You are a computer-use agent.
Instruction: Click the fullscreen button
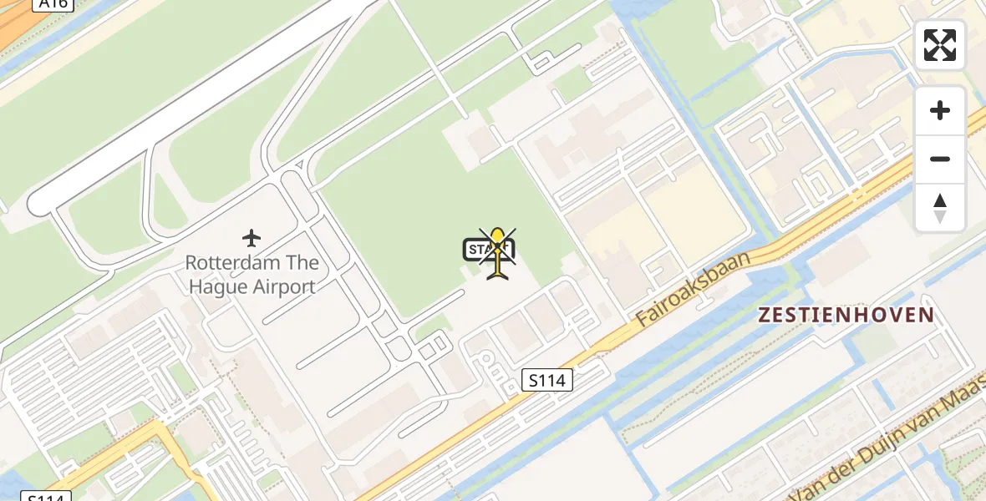(940, 45)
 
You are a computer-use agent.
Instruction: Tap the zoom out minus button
(940, 159)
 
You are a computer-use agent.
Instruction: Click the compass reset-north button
(940, 207)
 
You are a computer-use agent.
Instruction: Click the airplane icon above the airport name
(252, 238)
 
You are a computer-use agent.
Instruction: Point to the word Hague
(218, 286)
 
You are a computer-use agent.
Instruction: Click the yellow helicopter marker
(499, 252)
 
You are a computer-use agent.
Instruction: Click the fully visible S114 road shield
(548, 381)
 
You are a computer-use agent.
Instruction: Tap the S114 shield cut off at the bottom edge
(43, 496)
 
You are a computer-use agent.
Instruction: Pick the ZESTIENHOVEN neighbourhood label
(846, 315)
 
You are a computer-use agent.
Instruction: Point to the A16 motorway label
(53, 4)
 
